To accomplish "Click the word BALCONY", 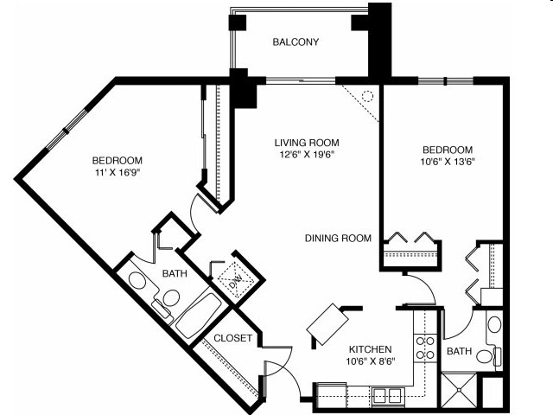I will (x=296, y=42).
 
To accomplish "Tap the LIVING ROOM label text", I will (x=306, y=143).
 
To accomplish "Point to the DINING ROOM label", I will (x=338, y=239).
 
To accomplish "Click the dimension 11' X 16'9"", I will (x=118, y=173).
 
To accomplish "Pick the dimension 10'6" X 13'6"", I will (x=448, y=161).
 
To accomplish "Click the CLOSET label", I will (x=232, y=338).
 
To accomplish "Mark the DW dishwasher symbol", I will (x=231, y=281).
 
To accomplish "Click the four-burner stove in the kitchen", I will (x=426, y=348).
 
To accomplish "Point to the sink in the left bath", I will (x=137, y=280).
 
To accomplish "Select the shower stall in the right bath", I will (x=460, y=390).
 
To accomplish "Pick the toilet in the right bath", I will (x=488, y=355).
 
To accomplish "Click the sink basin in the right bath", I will (x=493, y=326).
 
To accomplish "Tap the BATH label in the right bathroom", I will (x=458, y=352).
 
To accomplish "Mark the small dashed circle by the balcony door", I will (x=365, y=97).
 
